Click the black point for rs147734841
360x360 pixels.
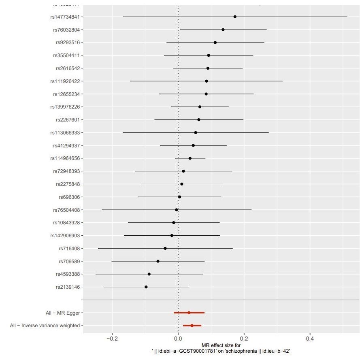point(235,17)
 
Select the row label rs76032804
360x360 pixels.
point(66,30)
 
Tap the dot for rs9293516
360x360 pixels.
point(215,43)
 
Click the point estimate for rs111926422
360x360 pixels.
point(207,81)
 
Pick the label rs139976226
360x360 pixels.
point(65,107)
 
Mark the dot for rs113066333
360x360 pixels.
point(196,132)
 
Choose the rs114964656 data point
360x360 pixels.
point(190,158)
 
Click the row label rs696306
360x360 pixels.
point(69,197)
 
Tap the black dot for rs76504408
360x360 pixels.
point(176,210)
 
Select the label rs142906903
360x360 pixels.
point(65,235)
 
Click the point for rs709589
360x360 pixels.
point(158,261)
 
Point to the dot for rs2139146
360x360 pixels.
point(146,287)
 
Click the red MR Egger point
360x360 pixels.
point(189,313)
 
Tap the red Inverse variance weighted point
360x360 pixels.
point(192,326)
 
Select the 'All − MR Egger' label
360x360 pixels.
point(62,313)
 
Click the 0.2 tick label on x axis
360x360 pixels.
point(244,338)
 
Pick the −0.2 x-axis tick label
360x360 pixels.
point(112,338)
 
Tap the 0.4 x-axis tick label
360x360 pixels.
point(310,338)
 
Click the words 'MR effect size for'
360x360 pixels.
point(221,345)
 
